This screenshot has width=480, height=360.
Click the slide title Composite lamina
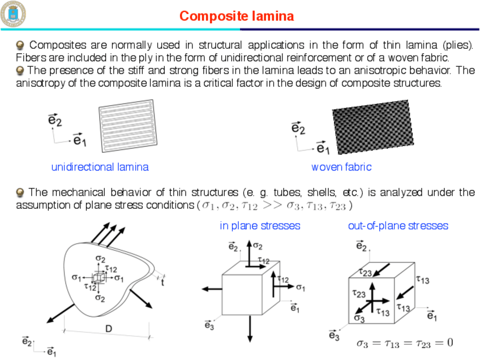237,16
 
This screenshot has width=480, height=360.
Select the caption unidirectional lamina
100,167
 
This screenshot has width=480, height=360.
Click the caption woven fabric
341,167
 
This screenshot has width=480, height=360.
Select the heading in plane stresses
260,226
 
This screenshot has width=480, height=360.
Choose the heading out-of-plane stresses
398,226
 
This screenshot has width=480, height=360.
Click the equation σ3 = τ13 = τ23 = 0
404,342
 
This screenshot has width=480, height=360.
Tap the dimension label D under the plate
108,329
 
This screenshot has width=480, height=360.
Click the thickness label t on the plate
163,283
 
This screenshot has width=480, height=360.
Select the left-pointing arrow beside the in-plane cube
212,289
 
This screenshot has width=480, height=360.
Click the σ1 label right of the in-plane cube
301,288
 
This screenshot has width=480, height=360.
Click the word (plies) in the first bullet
459,45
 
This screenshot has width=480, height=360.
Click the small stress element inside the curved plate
99,277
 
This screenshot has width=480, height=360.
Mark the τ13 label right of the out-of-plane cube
422,279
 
